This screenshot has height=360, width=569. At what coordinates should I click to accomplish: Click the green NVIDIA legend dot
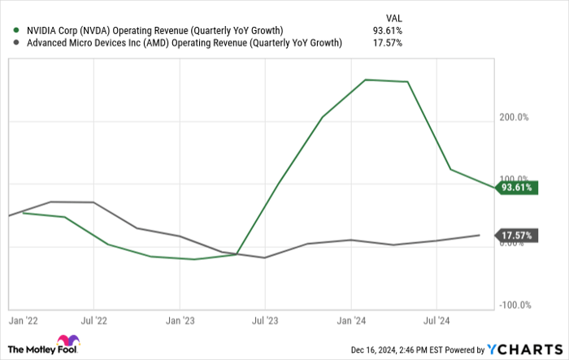17,31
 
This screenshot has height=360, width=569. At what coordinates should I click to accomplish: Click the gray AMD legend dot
17,43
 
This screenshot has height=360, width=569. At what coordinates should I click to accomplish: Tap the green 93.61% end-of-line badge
516,188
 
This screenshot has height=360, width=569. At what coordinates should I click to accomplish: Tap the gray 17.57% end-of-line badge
516,236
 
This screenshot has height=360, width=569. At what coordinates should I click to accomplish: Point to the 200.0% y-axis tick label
515,117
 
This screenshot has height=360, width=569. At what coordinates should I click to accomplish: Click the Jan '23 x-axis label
180,321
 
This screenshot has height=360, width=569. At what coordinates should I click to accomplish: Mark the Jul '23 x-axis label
265,321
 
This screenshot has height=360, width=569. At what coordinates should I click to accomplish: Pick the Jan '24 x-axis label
351,321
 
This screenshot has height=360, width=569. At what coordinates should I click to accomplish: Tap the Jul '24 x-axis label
437,321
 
